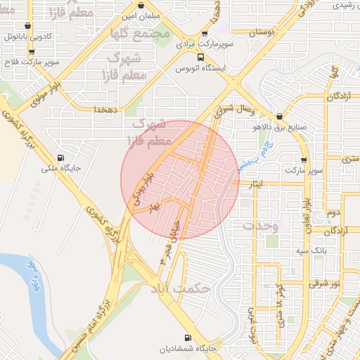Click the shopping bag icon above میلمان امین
click(143, 4)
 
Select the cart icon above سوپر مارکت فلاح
click(31, 52)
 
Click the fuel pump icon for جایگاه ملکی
click(60, 157)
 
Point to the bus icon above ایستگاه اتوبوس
click(201, 58)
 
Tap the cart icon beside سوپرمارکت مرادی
click(204, 33)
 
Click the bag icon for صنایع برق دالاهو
click(280, 117)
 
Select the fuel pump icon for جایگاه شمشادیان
click(187, 337)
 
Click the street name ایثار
click(256, 184)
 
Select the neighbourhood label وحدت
click(261, 226)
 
